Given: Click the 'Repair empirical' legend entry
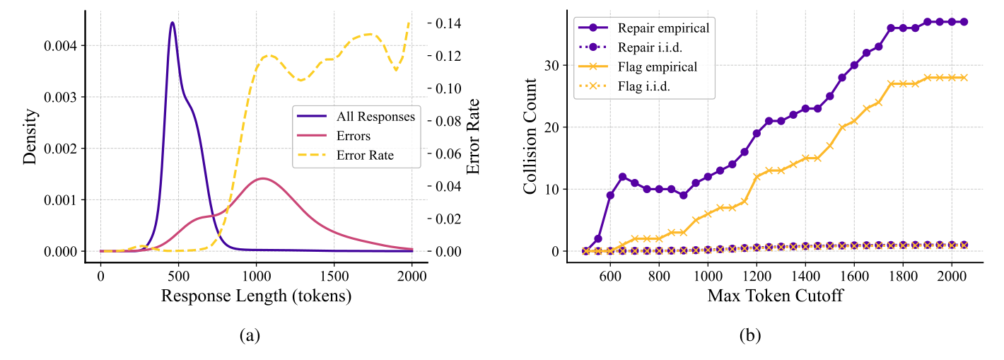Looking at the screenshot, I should (x=663, y=28).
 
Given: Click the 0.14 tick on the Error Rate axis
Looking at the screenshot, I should (x=450, y=23).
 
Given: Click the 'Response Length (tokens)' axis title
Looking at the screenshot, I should (x=256, y=296).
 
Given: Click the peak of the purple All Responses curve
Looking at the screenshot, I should (x=172, y=23).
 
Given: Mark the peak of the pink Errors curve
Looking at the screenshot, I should (x=263, y=178).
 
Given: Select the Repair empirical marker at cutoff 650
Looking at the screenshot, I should (x=622, y=177).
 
